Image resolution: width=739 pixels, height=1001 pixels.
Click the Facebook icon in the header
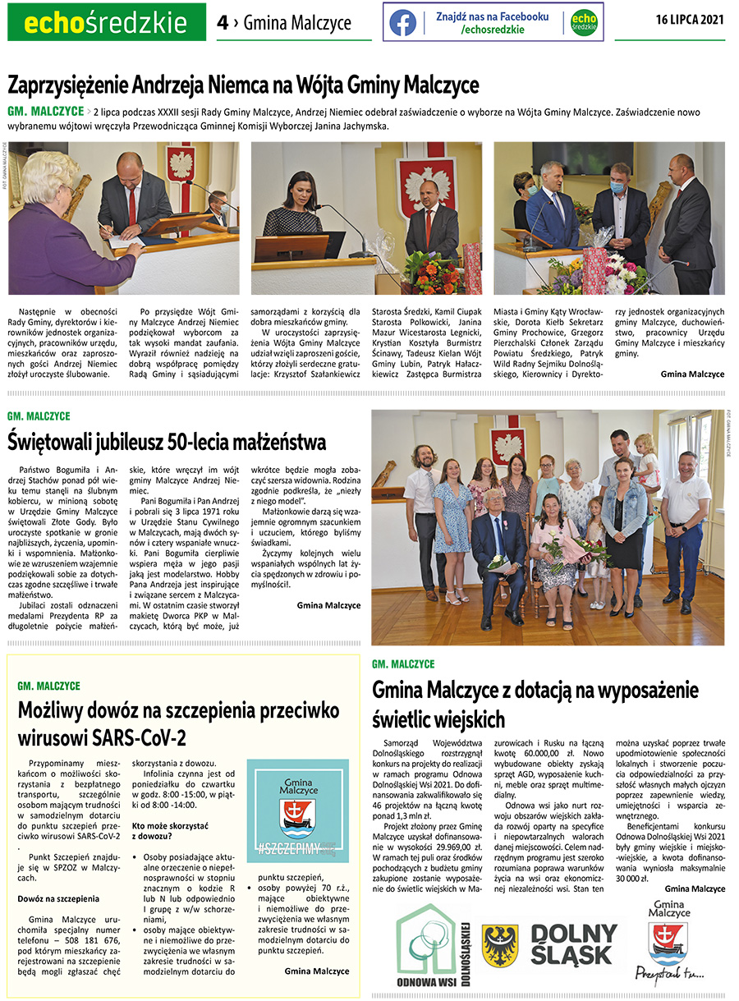click(x=402, y=22)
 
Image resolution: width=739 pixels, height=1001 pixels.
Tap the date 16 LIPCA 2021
click(x=690, y=21)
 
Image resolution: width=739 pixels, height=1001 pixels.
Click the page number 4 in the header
click(x=222, y=22)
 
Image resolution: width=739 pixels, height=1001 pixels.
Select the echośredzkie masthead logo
click(x=106, y=23)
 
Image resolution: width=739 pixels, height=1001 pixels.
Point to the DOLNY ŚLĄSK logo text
click(x=573, y=944)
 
